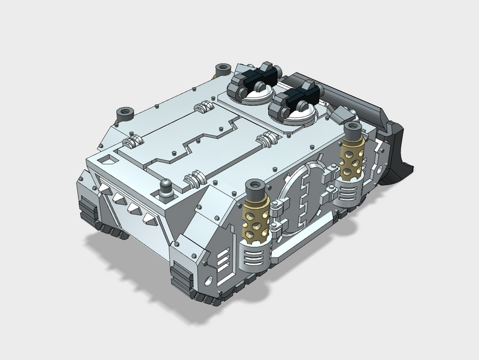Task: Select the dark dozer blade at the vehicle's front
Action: click(x=395, y=144)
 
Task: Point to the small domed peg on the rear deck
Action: click(x=165, y=187)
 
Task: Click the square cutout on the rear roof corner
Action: click(x=107, y=161)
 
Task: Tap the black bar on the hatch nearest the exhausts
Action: click(x=297, y=97)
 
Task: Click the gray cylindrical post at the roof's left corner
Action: click(x=126, y=113)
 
